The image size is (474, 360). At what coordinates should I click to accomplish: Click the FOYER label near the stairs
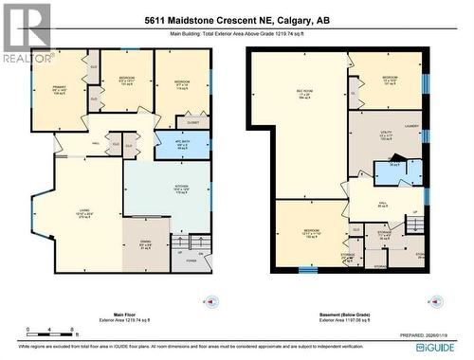[189, 261]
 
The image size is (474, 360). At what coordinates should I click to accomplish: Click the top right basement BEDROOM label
[389, 78]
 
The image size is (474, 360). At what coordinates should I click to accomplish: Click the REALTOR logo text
[25, 58]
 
